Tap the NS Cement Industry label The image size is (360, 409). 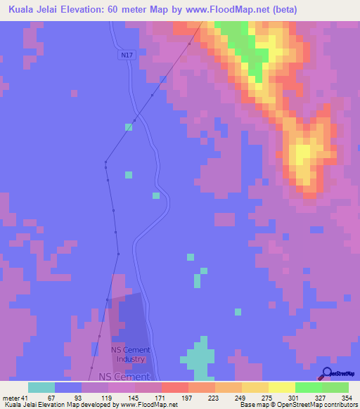[129, 354]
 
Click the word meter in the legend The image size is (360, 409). [10, 398]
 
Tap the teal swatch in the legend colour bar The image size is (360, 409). [41, 387]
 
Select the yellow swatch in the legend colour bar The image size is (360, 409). [281, 387]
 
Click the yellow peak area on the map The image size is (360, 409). [303, 155]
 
